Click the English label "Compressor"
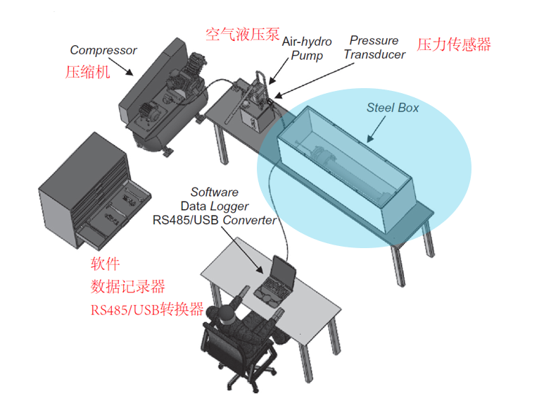103,51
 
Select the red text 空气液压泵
242,35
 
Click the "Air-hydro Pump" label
307,48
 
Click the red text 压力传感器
454,44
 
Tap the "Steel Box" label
393,108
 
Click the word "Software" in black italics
215,192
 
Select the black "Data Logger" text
215,206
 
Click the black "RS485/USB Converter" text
215,219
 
